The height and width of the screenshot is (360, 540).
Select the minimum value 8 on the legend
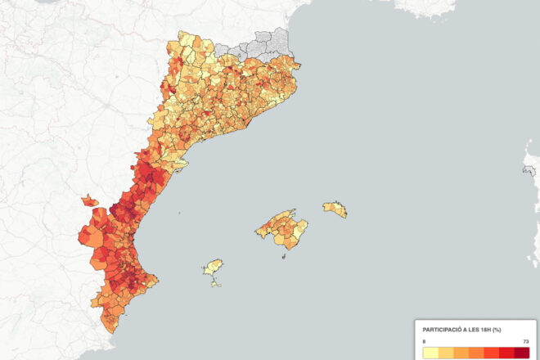point(425,340)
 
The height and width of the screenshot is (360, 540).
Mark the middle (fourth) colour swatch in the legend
point(475,353)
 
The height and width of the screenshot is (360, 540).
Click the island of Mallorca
point(282,229)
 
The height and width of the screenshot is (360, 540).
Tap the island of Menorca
point(335,209)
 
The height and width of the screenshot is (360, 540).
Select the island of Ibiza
point(214,268)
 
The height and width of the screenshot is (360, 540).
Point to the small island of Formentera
point(217,283)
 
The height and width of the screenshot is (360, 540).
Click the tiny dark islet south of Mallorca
point(284,256)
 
